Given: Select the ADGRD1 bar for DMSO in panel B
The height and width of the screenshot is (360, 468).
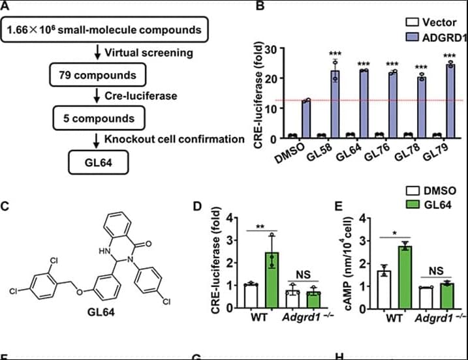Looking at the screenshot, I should (305, 118).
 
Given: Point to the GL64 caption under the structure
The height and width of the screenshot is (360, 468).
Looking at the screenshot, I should (102, 312).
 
